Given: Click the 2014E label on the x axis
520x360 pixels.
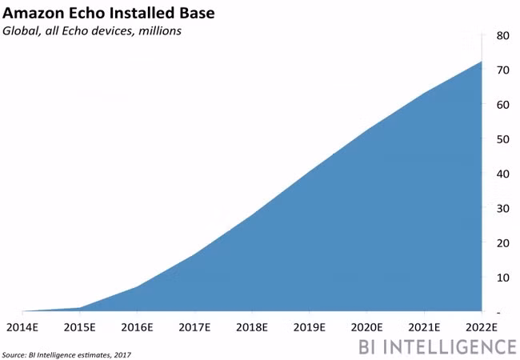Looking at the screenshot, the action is (x=22, y=327).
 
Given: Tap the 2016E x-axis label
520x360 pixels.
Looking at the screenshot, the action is (x=137, y=327).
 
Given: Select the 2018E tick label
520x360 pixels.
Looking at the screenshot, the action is (x=252, y=327).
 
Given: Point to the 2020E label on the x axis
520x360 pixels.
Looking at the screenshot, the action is (x=366, y=327).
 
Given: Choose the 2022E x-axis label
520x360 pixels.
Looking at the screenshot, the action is (x=482, y=327).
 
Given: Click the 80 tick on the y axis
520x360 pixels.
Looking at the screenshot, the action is (x=502, y=35).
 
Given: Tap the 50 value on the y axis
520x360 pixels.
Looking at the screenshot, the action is (x=502, y=139).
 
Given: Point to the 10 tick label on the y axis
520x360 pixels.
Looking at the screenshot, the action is (x=502, y=278).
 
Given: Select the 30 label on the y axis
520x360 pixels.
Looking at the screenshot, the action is (x=502, y=209).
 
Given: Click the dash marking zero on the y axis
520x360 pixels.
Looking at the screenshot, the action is (x=498, y=313).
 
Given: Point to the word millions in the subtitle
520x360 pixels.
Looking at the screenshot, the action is (x=160, y=31).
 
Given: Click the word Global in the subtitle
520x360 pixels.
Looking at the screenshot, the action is (x=21, y=31).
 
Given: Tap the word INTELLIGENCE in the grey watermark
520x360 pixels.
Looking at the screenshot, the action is (x=452, y=346).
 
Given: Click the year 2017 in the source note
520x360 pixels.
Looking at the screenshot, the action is (x=122, y=355).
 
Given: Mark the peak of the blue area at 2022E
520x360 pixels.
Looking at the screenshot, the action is (x=481, y=62).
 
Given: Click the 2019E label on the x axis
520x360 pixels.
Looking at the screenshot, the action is (x=309, y=327).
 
